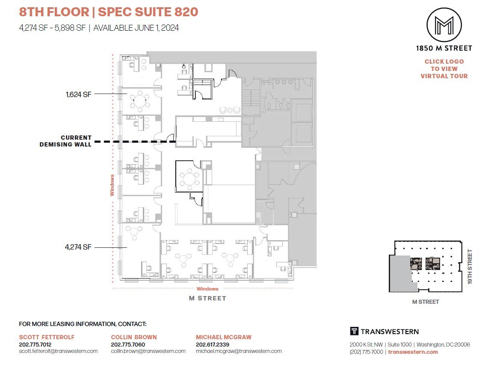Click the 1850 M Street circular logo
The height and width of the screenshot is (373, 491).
point(444,24)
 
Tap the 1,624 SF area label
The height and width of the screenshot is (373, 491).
point(79,94)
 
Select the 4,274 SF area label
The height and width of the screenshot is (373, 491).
point(79,247)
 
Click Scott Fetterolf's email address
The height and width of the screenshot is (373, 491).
point(59,351)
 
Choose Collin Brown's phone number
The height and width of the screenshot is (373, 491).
point(128,344)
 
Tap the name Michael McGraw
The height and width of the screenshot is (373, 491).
point(224,337)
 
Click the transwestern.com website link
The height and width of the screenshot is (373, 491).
point(413,352)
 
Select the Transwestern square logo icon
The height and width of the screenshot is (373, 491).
point(354,331)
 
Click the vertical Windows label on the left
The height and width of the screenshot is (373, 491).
point(112,185)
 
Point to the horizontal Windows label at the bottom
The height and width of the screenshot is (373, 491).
point(207,289)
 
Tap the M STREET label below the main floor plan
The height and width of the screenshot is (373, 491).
point(207,298)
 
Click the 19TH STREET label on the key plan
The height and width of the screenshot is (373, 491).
point(470,267)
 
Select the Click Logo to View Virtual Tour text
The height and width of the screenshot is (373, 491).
point(444,69)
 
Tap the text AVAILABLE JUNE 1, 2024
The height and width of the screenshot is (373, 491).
point(136,28)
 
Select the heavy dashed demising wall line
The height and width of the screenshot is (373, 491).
point(135,141)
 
